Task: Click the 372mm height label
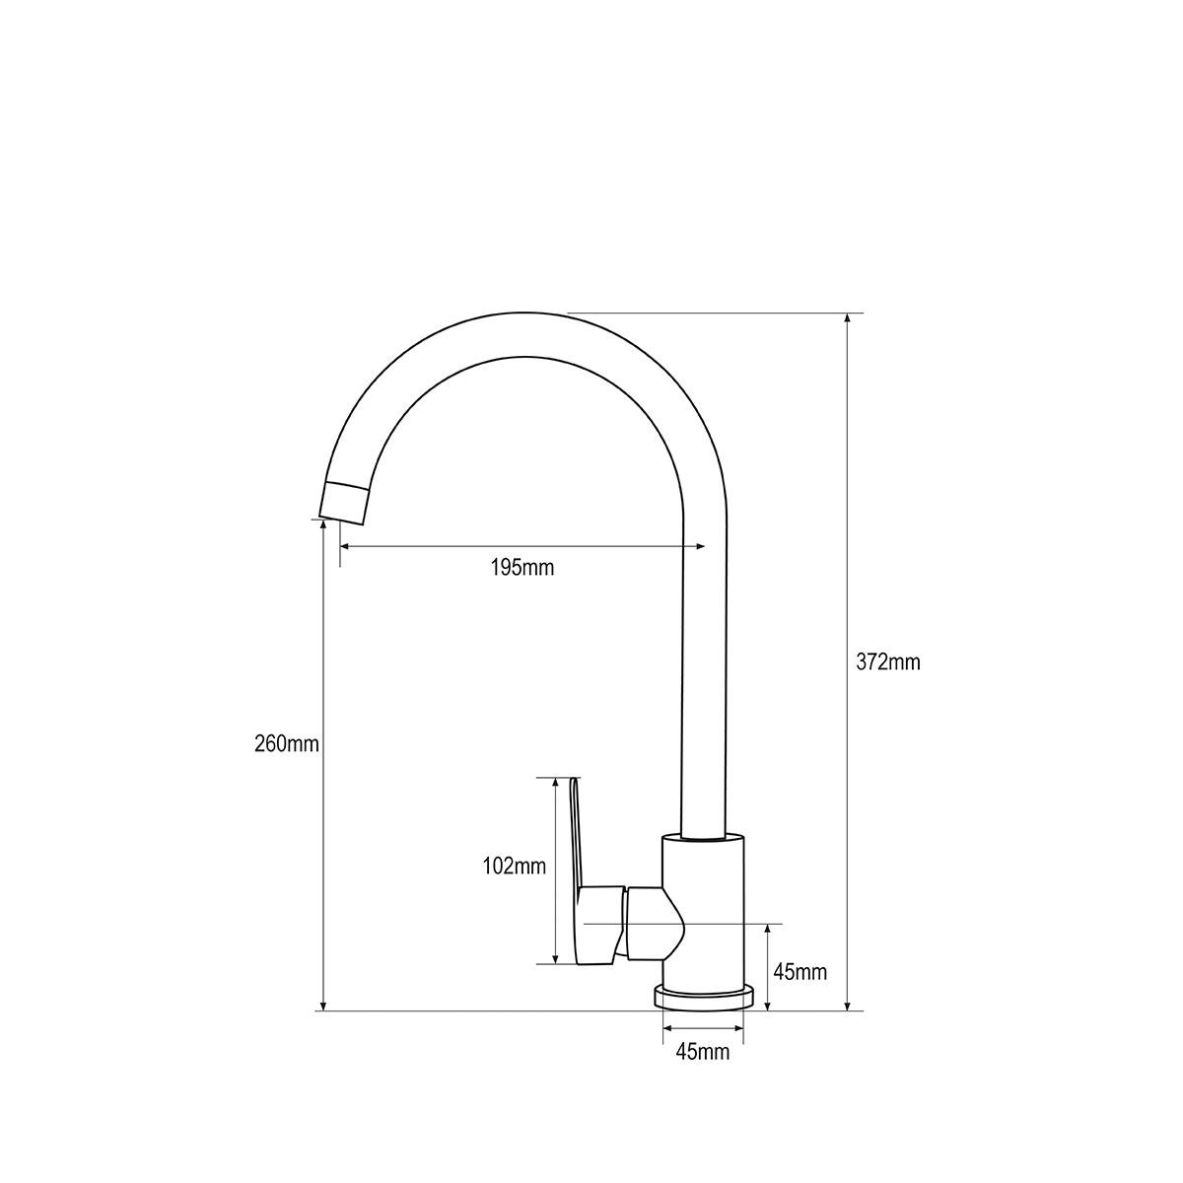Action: (x=887, y=662)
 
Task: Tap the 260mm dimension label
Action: (x=287, y=743)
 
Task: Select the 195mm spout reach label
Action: (x=522, y=568)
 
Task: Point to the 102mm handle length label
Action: (x=514, y=867)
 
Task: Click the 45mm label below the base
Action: (x=703, y=1052)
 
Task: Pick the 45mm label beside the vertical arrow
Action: (x=800, y=973)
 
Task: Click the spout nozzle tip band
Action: (x=345, y=501)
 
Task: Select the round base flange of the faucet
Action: (x=704, y=997)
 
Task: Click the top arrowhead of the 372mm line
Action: (x=848, y=319)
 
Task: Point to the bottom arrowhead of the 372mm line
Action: (x=848, y=1005)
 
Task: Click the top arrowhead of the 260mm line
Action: (x=322, y=525)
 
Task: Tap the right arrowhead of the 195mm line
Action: (x=701, y=546)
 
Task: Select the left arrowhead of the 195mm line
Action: (x=345, y=546)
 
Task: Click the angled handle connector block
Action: (x=653, y=923)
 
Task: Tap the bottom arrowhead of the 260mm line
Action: (x=322, y=1005)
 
